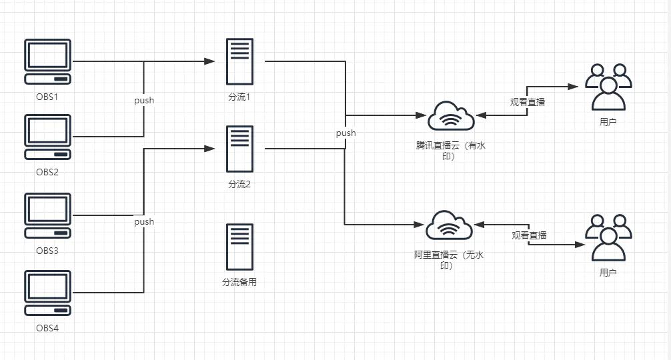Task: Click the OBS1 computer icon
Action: [47, 62]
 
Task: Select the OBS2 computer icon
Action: [47, 137]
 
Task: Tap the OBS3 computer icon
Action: [47, 215]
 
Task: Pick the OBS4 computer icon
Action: [47, 293]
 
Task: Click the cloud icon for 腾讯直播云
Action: [452, 116]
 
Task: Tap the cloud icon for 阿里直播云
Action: [450, 225]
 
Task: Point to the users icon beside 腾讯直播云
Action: [608, 87]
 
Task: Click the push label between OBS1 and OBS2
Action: [144, 101]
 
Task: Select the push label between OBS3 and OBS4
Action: [144, 221]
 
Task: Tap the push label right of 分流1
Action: [346, 133]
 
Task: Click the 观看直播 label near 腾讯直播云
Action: [527, 102]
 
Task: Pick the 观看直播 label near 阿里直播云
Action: [529, 235]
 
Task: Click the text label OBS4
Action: [47, 328]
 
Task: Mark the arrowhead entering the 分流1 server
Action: [211, 61]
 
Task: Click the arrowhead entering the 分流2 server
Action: [211, 148]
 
